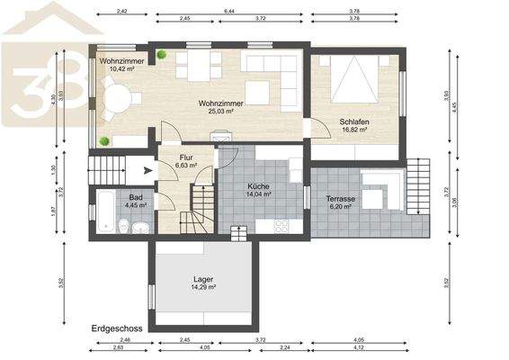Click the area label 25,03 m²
[x=221, y=112]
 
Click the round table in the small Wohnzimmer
[x=116, y=96]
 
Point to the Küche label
[x=258, y=184]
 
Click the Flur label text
[x=187, y=157]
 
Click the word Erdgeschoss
[x=112, y=329]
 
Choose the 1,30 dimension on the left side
[x=53, y=168]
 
